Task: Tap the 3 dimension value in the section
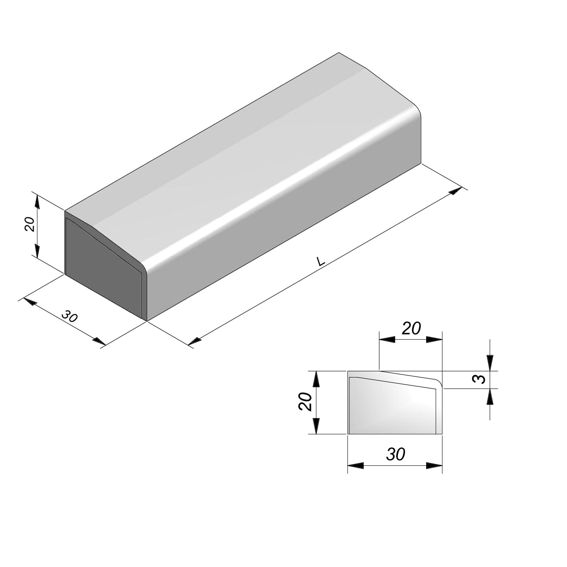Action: pyautogui.click(x=478, y=380)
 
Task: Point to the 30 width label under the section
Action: pyautogui.click(x=396, y=455)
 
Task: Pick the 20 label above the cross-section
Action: pyautogui.click(x=411, y=328)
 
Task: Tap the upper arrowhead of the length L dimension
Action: pyautogui.click(x=456, y=191)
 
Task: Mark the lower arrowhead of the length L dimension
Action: pyautogui.click(x=195, y=341)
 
